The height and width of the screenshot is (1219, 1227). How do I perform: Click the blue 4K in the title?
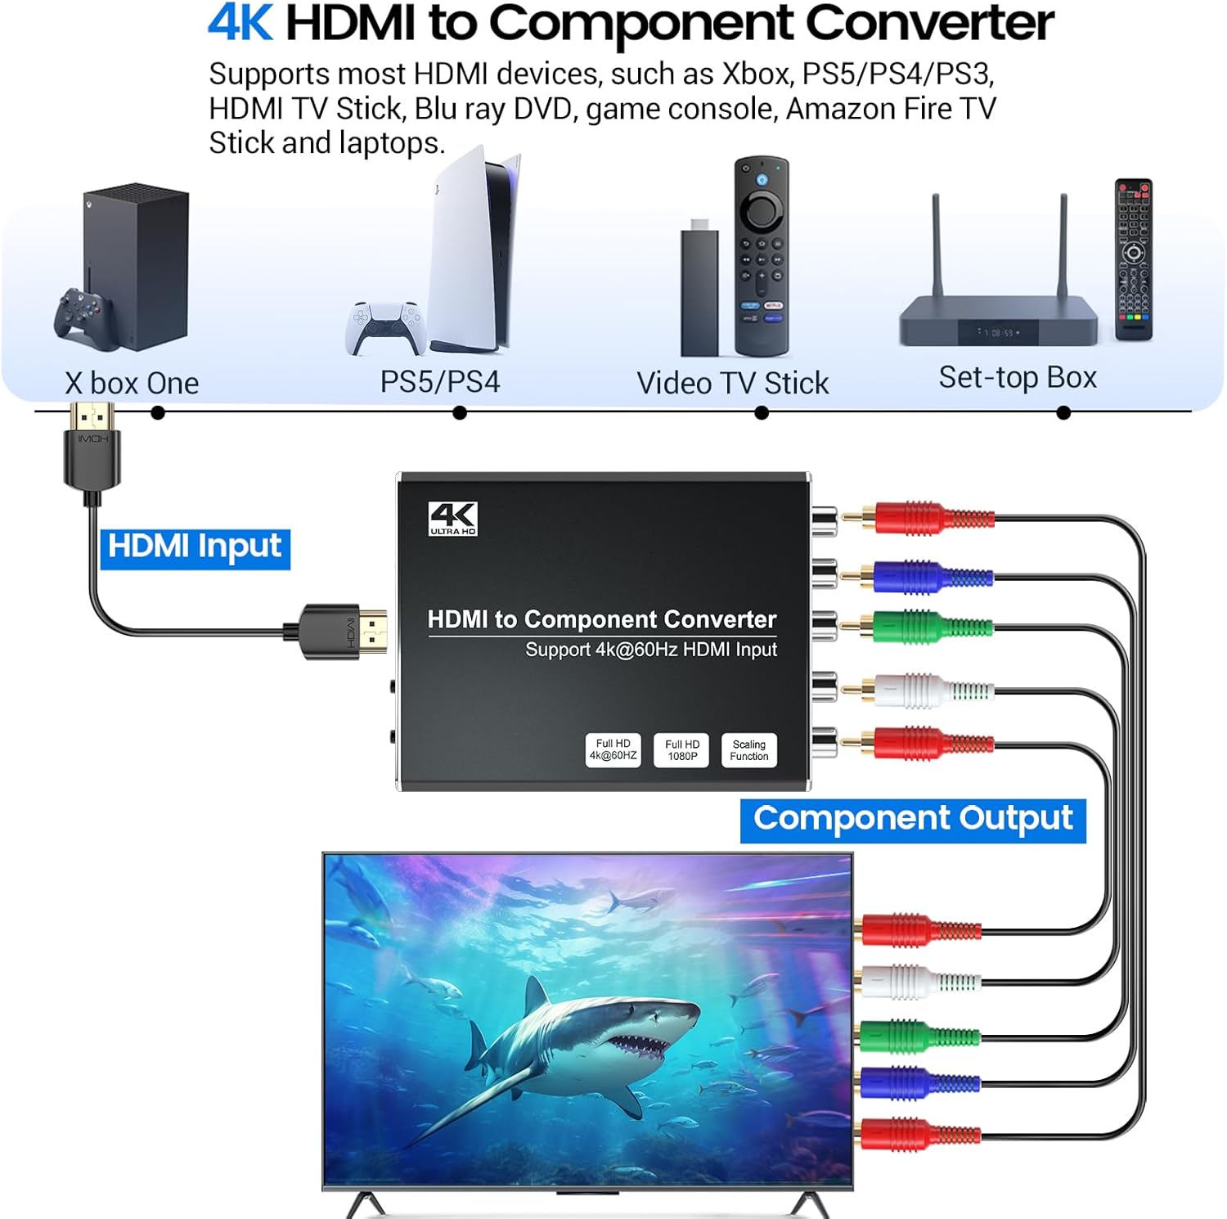[239, 23]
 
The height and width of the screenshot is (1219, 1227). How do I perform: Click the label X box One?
[132, 383]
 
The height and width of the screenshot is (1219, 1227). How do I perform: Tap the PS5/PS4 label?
[439, 382]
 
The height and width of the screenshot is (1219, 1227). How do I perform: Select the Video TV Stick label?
[732, 383]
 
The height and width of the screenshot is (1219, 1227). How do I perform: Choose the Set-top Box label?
[1018, 377]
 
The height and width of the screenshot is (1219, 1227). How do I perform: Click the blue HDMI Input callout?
[195, 547]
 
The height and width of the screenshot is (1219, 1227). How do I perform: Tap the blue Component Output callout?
[912, 820]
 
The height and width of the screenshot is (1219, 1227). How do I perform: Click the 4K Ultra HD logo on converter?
[452, 519]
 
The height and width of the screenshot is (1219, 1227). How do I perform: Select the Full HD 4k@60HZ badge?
[613, 750]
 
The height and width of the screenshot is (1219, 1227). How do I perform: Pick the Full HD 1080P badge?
[681, 750]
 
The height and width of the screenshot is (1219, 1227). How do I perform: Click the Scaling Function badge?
[748, 750]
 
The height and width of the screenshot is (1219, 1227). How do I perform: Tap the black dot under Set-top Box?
[1063, 413]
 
